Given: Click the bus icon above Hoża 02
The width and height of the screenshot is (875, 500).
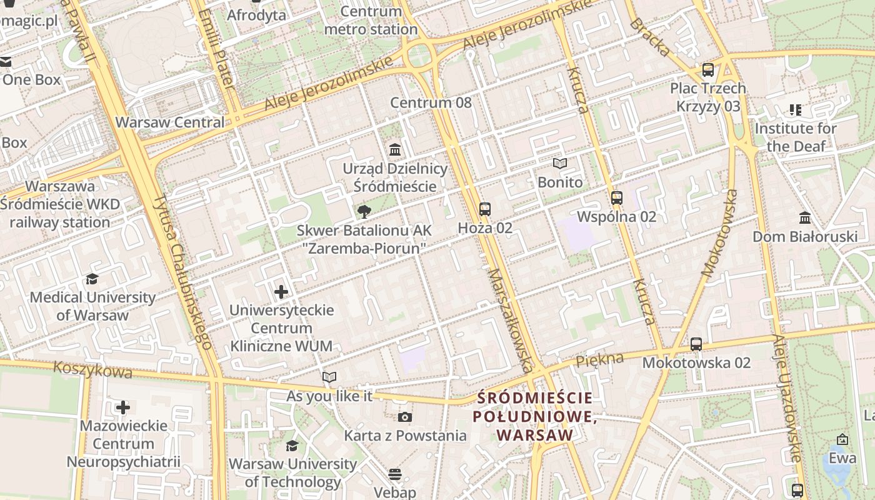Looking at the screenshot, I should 485,209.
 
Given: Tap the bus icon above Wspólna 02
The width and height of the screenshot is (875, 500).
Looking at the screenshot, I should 617,198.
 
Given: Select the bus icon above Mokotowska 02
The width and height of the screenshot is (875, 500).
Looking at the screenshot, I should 696,344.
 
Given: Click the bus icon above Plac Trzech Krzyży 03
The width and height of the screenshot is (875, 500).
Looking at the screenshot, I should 708,70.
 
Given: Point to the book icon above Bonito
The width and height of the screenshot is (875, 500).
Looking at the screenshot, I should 560,164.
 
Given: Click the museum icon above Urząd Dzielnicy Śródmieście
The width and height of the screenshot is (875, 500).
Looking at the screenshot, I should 395,150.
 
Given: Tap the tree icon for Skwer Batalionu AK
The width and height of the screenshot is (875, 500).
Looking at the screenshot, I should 364,212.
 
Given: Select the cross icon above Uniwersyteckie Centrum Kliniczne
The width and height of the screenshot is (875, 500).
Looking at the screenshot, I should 281,291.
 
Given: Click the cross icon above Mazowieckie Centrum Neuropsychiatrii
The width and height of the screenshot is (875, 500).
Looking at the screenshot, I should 123,407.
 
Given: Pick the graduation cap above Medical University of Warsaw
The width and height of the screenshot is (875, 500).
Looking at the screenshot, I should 92,279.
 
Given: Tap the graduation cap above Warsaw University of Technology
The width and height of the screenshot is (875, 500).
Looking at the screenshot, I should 292,446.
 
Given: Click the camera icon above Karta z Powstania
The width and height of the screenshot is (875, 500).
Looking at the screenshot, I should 405,417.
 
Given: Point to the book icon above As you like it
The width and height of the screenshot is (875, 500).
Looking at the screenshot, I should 329,377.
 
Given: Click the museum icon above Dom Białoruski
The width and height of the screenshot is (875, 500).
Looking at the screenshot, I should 805,218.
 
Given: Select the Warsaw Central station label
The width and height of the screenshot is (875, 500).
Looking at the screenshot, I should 170,122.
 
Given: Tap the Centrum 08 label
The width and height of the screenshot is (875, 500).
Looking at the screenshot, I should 431,102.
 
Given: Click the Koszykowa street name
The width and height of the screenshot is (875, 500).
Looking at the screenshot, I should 92,370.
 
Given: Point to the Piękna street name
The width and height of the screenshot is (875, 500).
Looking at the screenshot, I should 599,359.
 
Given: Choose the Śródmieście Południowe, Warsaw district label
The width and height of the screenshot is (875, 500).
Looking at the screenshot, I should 533,416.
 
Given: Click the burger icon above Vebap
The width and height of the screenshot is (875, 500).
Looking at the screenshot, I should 394,474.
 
